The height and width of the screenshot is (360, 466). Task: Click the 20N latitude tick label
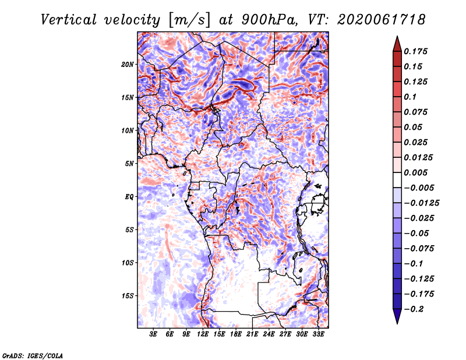127,65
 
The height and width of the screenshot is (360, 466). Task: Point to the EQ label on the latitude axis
129,197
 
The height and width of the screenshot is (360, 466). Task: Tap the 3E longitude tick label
153,334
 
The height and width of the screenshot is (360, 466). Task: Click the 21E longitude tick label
252,334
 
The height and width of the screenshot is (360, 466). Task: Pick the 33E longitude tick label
318,334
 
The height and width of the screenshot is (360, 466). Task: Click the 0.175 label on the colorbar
415,51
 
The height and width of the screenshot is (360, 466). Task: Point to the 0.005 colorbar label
415,172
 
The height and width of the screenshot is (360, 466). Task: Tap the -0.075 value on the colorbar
419,249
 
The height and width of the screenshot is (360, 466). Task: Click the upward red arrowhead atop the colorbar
397,44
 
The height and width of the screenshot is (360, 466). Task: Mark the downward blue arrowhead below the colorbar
397,316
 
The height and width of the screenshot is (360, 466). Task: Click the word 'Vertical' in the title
69,20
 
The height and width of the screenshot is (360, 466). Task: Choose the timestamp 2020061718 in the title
382,20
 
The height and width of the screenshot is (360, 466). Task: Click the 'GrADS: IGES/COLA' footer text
33,355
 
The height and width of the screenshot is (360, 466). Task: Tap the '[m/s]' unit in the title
189,20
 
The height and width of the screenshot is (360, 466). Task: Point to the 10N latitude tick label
127,130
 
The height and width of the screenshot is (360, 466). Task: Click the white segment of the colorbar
397,180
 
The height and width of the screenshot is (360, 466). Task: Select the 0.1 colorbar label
410,97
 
